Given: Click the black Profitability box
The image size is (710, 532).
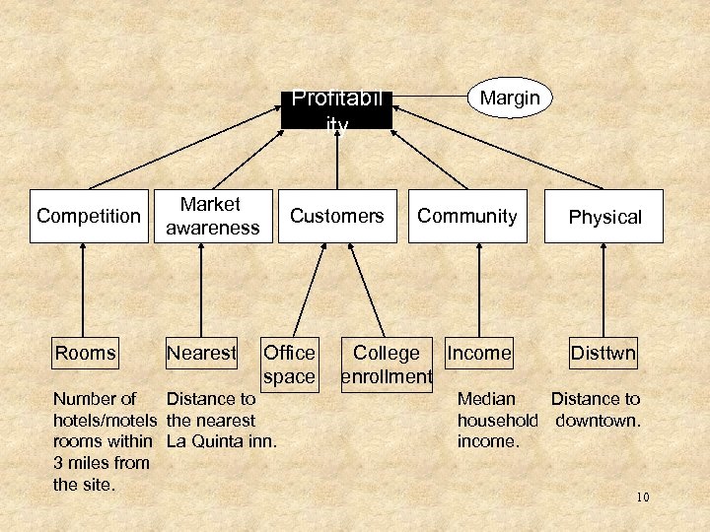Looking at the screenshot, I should [336, 109].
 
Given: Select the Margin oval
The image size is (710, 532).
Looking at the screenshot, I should [510, 98].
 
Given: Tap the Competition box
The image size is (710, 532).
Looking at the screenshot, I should [89, 216].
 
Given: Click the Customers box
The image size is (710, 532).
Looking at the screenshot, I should [337, 216].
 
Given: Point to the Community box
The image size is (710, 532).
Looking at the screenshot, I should [467, 216].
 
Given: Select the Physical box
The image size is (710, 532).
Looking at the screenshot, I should [603, 217].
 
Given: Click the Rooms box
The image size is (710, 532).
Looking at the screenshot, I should [85, 353].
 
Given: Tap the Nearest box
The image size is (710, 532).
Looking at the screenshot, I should [201, 353].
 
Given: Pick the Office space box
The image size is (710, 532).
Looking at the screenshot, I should [289, 365].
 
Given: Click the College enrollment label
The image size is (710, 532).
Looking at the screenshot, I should [387, 365].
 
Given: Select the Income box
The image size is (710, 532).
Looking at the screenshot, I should [479, 353].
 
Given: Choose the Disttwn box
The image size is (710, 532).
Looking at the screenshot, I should [603, 353].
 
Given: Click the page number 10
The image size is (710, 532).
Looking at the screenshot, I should [642, 497].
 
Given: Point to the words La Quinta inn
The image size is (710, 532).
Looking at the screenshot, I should [221, 441].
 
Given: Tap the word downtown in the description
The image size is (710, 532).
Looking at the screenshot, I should [598, 421].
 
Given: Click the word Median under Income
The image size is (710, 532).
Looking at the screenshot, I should [486, 399].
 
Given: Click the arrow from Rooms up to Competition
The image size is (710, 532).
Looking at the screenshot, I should [85, 291].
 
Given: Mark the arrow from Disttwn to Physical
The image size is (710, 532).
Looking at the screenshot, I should [603, 291].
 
